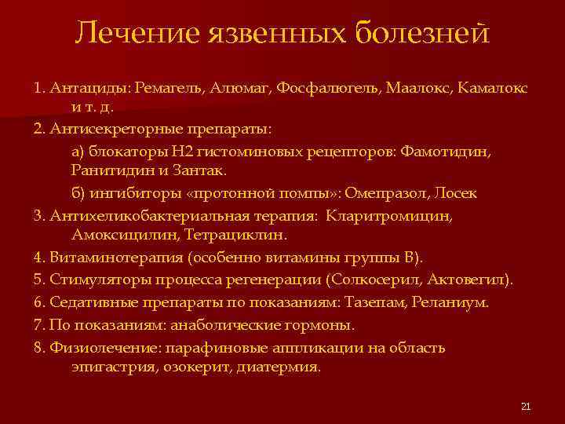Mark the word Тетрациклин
tap(248, 234)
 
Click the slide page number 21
tap(526, 406)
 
